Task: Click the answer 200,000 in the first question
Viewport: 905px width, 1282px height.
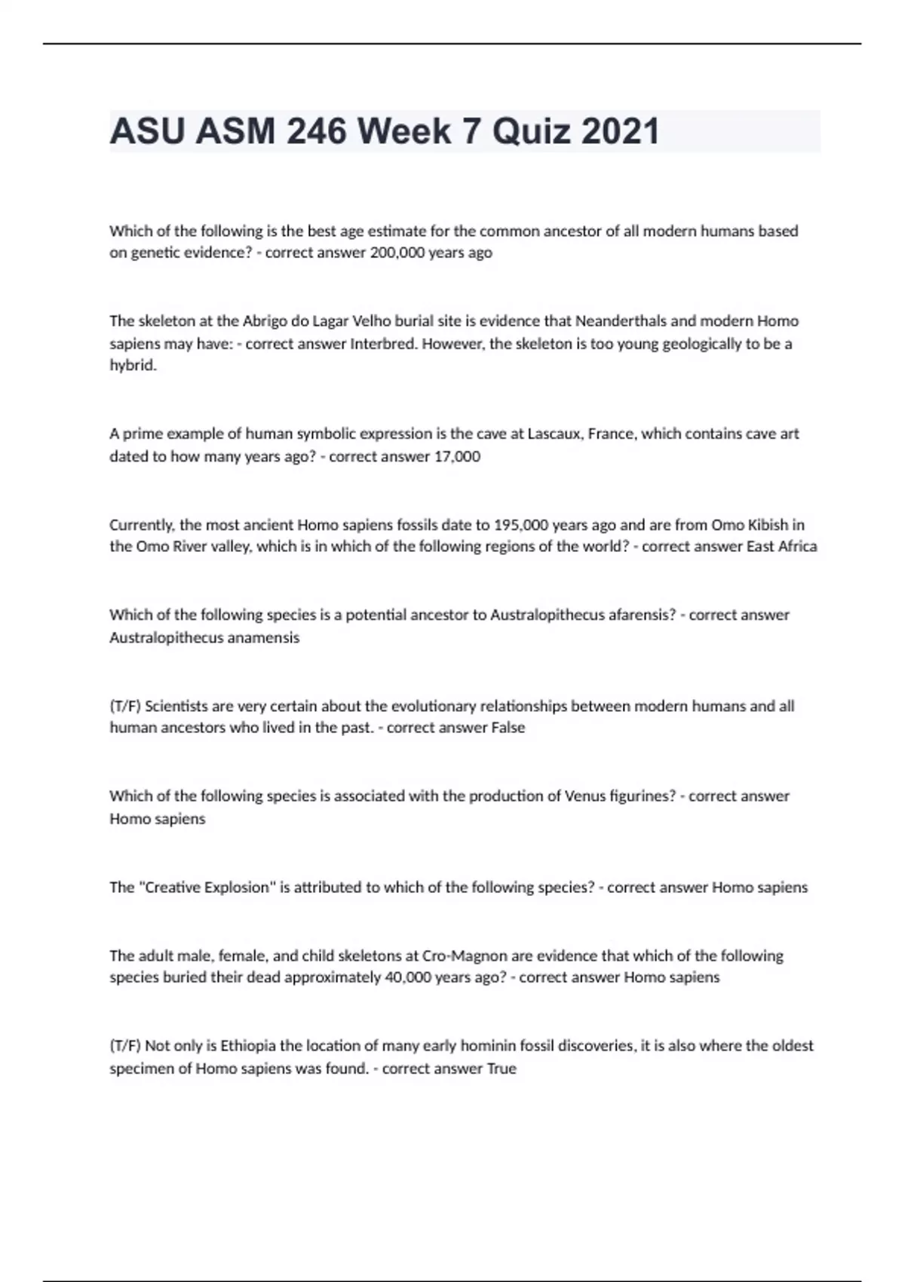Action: click(397, 253)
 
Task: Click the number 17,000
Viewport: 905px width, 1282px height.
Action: click(457, 457)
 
